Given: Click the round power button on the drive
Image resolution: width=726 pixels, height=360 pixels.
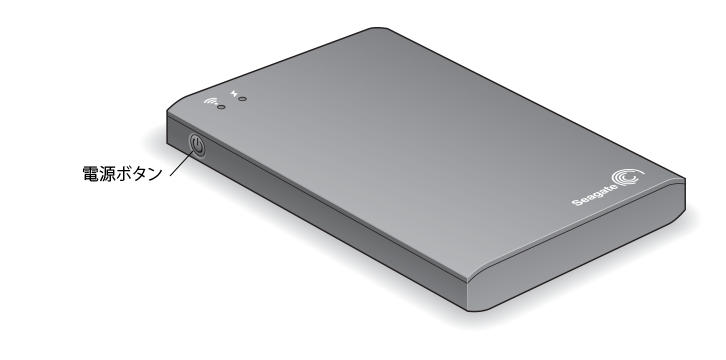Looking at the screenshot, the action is (x=197, y=145).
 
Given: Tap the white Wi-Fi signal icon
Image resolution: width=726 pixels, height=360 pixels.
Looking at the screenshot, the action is (x=212, y=101).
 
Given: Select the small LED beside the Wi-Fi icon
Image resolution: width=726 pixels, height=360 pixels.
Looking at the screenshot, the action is (x=221, y=107).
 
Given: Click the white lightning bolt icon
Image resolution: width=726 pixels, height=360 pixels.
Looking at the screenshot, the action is (x=234, y=93).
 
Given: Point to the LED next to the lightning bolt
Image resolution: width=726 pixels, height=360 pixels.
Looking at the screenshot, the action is (x=243, y=99).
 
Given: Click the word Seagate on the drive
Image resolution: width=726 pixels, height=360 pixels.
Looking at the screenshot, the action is (x=595, y=196).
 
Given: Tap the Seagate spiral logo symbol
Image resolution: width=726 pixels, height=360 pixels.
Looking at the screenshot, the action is (x=628, y=177).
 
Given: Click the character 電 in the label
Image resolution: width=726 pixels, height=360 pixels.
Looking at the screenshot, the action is (x=90, y=174).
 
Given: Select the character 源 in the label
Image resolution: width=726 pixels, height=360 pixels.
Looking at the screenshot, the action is (x=106, y=174).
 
